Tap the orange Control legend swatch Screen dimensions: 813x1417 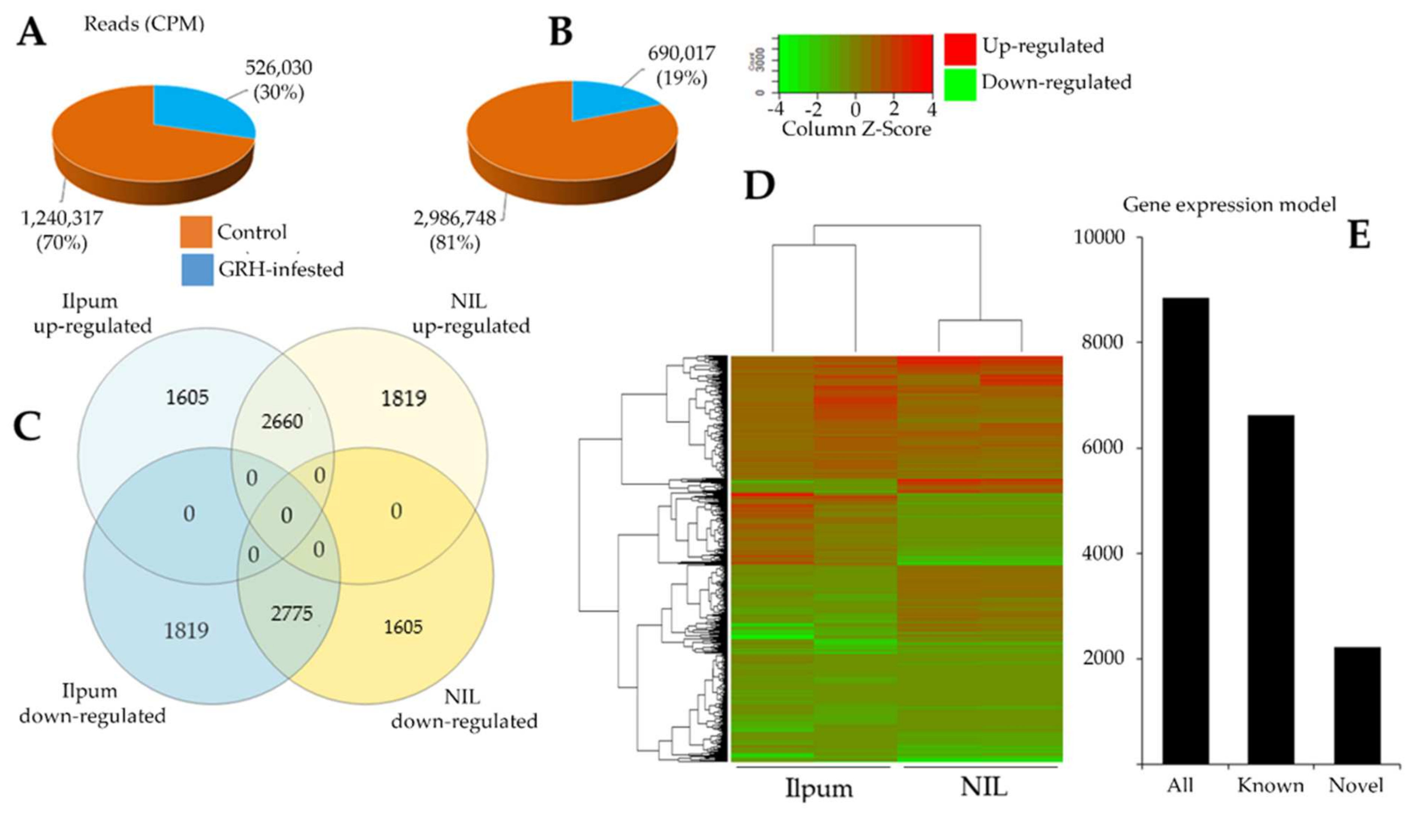click(x=195, y=232)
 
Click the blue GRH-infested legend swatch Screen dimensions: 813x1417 click(x=197, y=270)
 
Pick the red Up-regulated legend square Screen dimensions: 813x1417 click(x=959, y=49)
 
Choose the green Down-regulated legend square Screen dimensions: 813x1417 click(x=959, y=84)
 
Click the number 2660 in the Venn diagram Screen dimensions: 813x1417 click(x=282, y=421)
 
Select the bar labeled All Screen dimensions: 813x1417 click(x=1185, y=530)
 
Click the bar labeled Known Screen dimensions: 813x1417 click(x=1271, y=589)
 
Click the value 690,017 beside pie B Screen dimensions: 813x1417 click(x=682, y=54)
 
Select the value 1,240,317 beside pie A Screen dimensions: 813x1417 click(x=62, y=218)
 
